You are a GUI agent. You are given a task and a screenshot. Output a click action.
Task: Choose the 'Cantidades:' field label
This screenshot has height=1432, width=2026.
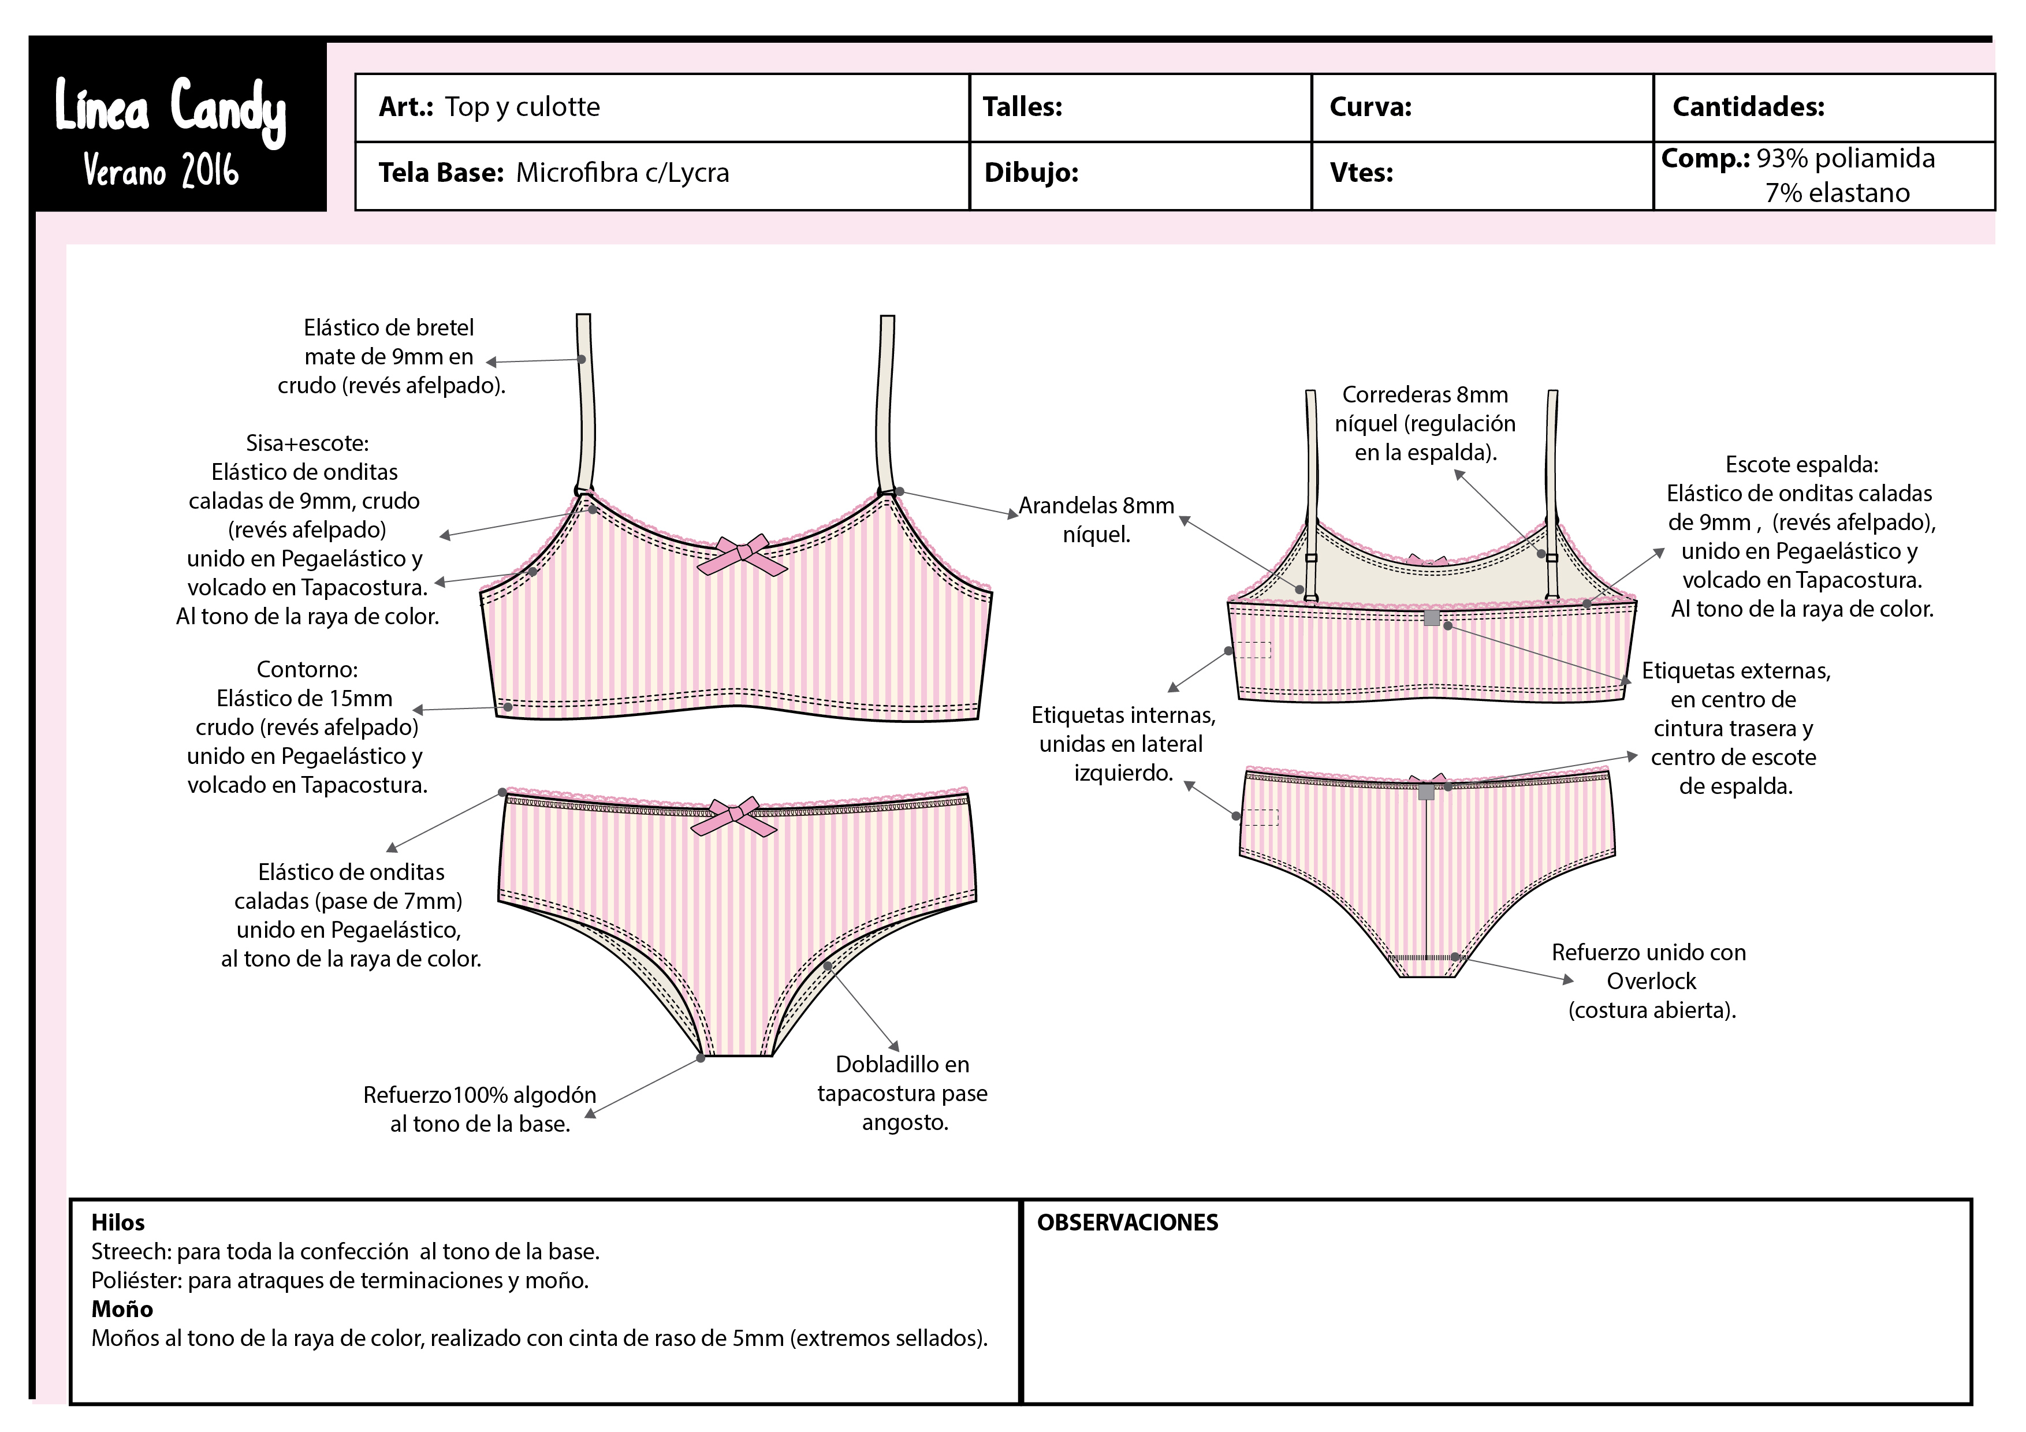coord(1748,107)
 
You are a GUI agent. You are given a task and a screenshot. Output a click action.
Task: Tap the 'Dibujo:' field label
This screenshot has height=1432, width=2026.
coord(1031,172)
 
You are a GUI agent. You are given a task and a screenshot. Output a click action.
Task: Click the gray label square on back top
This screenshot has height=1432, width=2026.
coord(1431,618)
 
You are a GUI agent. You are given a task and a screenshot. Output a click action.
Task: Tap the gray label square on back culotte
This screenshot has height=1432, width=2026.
coord(1426,792)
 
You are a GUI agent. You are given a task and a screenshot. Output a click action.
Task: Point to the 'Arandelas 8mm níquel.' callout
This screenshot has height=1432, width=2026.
coord(1096,520)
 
